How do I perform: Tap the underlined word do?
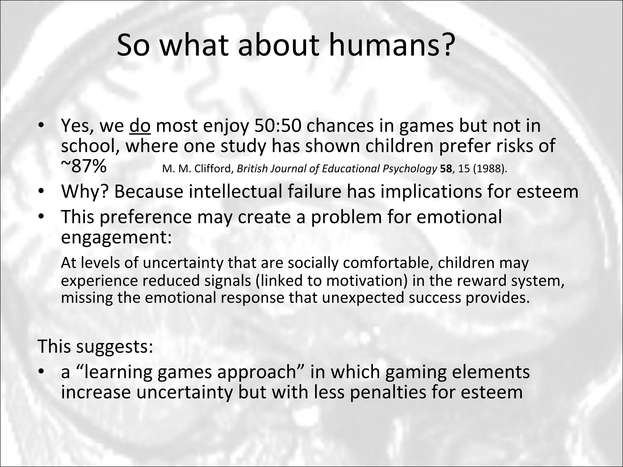pos(140,126)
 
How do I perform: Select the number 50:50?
pos(277,126)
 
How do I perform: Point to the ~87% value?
pos(84,167)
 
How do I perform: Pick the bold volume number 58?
pos(446,168)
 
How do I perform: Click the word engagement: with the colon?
pos(116,237)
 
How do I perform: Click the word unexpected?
pos(363,298)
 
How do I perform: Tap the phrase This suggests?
pos(95,346)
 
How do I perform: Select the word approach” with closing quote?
pos(261,372)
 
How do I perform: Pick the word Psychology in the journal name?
pos(410,168)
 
